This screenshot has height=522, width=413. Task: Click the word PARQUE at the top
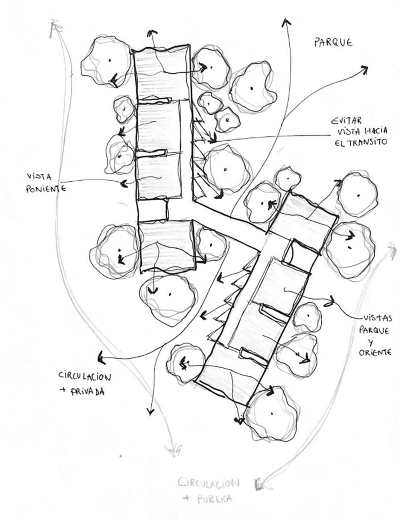coord(333,43)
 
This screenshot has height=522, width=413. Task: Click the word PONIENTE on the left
coord(45,188)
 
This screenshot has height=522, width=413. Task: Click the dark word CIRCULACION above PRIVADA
coord(85,377)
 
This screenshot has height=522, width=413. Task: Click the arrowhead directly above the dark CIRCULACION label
coord(99,356)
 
